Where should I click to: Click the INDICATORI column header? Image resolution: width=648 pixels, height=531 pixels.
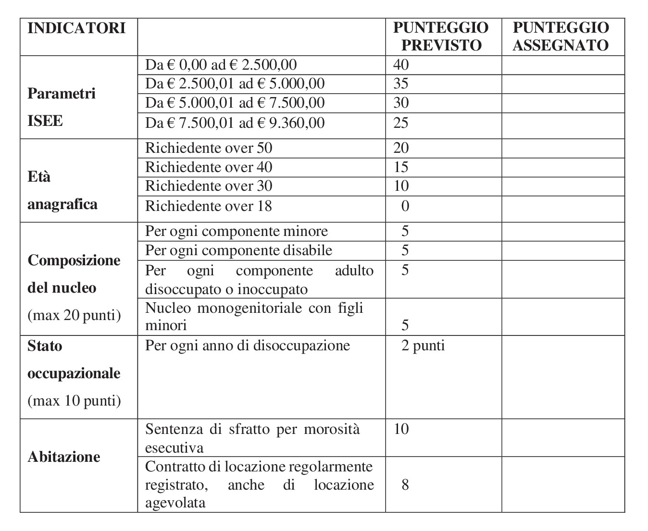point(76,28)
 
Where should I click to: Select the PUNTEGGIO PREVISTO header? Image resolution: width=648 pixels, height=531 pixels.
point(441,36)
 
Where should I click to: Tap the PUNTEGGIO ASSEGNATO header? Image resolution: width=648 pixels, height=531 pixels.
point(561,36)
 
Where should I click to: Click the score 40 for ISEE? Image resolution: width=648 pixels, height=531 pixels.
point(401,65)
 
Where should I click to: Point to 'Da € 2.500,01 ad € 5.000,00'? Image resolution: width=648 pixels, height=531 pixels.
point(235,84)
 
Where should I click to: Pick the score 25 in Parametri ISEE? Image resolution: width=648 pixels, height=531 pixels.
point(401,123)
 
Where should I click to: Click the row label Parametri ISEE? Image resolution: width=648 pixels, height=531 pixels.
point(61,107)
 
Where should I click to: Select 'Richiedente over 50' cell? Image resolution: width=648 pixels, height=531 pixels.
point(209,148)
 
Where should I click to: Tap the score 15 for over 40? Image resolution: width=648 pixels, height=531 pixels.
point(401,167)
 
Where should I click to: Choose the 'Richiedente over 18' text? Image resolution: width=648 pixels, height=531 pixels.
point(209,206)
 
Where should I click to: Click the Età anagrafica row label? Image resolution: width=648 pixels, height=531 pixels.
point(62,190)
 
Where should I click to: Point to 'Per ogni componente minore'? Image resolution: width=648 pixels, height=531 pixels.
point(237,231)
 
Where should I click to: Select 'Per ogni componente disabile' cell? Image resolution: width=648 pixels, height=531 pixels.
point(238,250)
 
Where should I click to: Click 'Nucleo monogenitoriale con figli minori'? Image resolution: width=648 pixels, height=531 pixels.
point(254,316)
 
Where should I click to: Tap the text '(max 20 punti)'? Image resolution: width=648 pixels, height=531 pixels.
point(74,315)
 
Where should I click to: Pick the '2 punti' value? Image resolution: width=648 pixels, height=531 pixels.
point(423,346)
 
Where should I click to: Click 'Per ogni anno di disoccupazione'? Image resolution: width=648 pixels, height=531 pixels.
point(248,346)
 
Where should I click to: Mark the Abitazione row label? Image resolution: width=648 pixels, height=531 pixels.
point(64,457)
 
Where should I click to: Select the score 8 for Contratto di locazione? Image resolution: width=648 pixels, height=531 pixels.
point(405,484)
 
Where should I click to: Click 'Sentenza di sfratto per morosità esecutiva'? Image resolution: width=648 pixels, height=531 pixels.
point(252,438)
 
